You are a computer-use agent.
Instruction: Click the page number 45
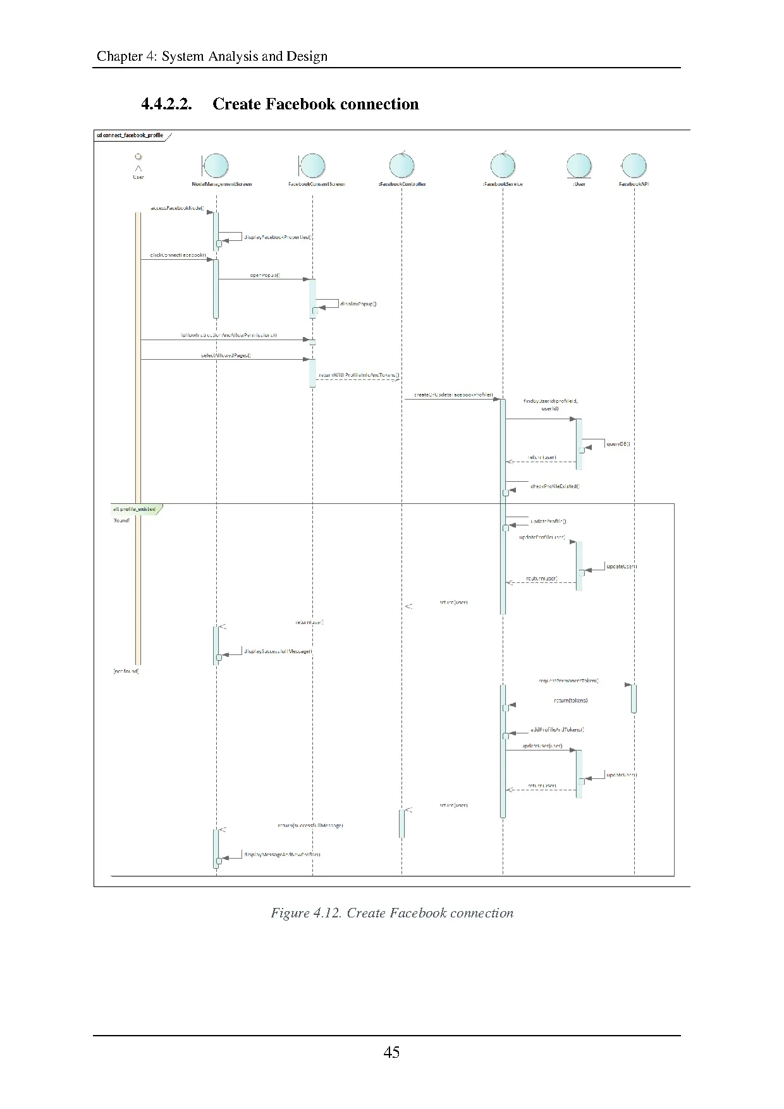click(391, 1052)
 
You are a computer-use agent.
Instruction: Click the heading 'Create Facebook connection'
click(315, 104)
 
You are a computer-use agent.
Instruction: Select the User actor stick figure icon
click(138, 164)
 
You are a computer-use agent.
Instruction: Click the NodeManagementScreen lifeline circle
click(216, 167)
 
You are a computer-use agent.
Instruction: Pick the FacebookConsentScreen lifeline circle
click(313, 167)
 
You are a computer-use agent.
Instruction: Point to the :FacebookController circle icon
click(401, 166)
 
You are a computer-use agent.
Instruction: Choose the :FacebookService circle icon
click(503, 166)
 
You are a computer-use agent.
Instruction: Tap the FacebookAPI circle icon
click(635, 166)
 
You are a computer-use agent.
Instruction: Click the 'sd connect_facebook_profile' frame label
click(130, 135)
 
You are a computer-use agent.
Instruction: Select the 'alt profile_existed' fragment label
click(134, 509)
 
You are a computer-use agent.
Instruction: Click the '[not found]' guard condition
click(126, 671)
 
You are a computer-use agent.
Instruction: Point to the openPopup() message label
click(265, 276)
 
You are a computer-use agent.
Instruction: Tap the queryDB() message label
click(618, 444)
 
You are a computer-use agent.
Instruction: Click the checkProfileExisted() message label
click(555, 486)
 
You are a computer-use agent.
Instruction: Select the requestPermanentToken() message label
click(568, 681)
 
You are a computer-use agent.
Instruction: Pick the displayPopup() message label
click(358, 304)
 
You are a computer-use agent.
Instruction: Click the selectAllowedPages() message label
click(226, 355)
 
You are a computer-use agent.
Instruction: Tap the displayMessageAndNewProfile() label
click(283, 855)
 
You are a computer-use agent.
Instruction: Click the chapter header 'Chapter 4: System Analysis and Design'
click(212, 56)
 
